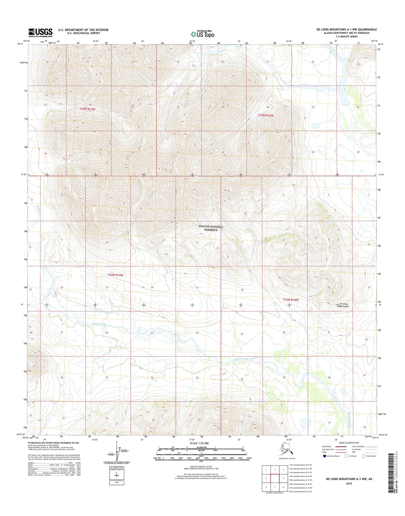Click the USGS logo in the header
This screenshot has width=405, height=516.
coord(40,33)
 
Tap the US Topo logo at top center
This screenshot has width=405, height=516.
coord(202,34)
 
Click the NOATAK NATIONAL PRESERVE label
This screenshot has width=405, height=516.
coord(211,228)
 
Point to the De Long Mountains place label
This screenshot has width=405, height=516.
coord(344,305)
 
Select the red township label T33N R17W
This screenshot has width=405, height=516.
coord(87,109)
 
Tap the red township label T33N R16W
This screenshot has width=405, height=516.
coord(266,115)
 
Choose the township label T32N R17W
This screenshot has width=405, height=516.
coord(115,275)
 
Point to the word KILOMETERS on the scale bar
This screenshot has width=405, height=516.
coord(201,447)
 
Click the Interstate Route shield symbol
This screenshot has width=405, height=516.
coord(324,456)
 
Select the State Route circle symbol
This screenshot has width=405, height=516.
coord(364,456)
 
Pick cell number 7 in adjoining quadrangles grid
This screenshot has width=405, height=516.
coord(275,487)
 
